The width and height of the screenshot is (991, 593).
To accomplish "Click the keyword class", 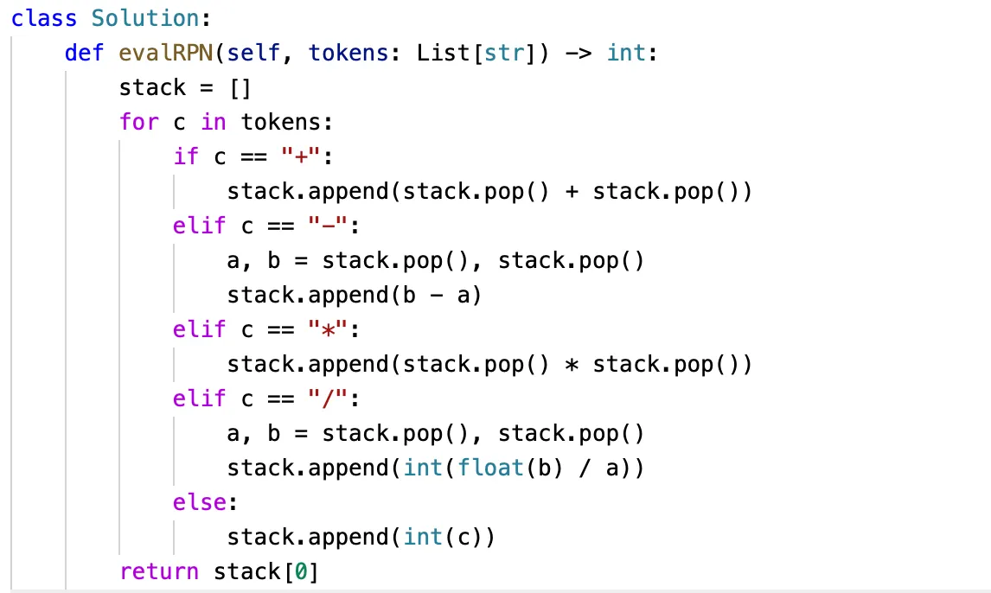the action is pyautogui.click(x=44, y=18).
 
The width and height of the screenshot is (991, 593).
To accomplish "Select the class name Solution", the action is pyautogui.click(x=150, y=18).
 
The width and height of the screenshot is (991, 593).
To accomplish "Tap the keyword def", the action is pyautogui.click(x=84, y=53).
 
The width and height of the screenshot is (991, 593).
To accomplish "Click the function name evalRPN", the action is pyautogui.click(x=172, y=53).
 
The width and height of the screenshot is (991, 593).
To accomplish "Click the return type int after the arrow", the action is pyautogui.click(x=626, y=53).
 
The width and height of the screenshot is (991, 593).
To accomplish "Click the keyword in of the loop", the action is pyautogui.click(x=213, y=122).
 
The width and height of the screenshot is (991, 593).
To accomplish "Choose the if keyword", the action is pyautogui.click(x=185, y=156).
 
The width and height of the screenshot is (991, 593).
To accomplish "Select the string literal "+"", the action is pyautogui.click(x=318, y=156).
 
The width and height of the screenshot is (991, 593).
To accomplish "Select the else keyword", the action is pyautogui.click(x=199, y=502).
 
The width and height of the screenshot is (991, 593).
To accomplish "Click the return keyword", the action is pyautogui.click(x=159, y=571).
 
